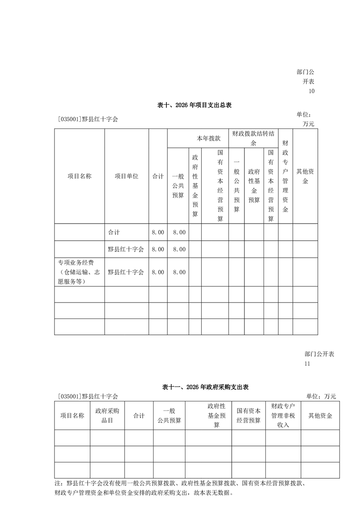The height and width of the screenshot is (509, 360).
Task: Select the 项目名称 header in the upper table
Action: (79, 176)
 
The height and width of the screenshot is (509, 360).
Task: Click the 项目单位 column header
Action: (126, 176)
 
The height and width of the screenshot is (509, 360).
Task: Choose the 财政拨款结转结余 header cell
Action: (253, 138)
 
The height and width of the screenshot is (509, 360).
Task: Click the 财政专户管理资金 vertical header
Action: (285, 176)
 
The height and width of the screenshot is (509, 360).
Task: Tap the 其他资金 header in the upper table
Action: (305, 176)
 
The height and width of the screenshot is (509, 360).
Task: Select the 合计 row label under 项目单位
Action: (114, 232)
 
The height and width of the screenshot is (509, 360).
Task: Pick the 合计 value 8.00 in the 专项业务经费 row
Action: (158, 272)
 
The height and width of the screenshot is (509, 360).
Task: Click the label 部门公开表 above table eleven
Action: (319, 354)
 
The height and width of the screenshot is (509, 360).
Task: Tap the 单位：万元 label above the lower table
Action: (321, 396)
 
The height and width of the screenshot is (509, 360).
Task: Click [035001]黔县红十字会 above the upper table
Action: (88, 120)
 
